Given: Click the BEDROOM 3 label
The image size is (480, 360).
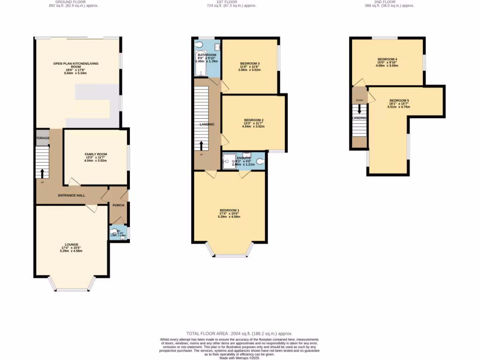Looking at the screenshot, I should [250, 63].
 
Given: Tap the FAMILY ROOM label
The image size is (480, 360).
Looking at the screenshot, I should [96, 154].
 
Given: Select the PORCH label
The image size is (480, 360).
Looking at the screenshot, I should [118, 205].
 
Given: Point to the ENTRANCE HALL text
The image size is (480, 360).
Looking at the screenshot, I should [71, 195].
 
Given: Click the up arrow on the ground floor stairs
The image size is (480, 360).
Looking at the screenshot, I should [42, 173].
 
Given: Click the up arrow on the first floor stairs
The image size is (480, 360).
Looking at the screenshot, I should [202, 146].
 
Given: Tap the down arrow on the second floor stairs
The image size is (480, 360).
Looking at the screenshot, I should [360, 109].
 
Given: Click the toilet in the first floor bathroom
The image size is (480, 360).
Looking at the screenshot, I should [199, 45].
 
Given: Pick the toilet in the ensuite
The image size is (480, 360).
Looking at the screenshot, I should [260, 162].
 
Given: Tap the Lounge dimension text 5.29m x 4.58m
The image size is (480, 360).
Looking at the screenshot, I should [71, 251].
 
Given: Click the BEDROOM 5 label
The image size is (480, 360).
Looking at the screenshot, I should [399, 100].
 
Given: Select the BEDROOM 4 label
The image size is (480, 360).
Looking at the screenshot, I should [387, 59].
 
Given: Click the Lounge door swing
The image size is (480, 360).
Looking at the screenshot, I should [92, 208].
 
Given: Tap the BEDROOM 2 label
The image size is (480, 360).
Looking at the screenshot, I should [253, 120].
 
